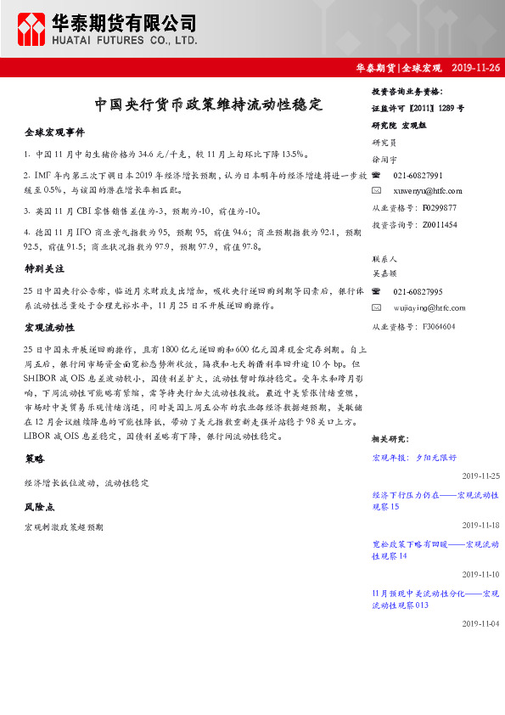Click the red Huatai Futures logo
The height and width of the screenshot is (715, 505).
[x=32, y=29]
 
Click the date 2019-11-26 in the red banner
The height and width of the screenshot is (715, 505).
[x=476, y=67]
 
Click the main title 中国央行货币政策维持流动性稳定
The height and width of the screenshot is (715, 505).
[x=208, y=106]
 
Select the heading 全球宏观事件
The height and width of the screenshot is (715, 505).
[x=54, y=133]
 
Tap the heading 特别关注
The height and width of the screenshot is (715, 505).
[x=44, y=268]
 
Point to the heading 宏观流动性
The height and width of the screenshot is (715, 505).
[x=49, y=327]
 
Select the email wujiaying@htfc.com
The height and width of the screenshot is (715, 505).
[x=429, y=308]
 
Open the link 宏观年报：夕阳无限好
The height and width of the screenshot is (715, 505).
[x=413, y=457]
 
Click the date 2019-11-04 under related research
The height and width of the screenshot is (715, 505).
[x=480, y=623]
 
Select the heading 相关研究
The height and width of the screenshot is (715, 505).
[x=390, y=439]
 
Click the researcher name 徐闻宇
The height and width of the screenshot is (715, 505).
[x=384, y=159]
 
